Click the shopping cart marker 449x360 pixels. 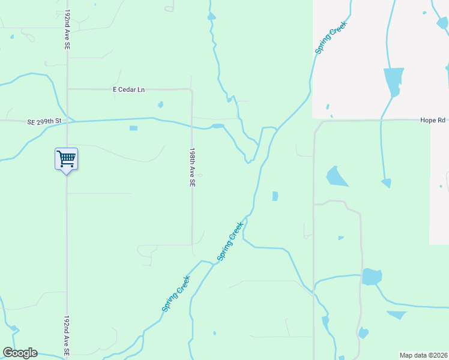(66, 159)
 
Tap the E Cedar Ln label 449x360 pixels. (129, 90)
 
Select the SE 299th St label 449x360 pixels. (44, 121)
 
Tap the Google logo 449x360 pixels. (20, 353)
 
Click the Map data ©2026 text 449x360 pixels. (424, 355)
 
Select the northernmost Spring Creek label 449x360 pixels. (331, 38)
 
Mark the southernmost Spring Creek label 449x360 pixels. (176, 293)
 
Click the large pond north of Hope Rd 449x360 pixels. (393, 81)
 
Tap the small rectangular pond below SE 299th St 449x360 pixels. (133, 128)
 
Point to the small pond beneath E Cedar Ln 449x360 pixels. (160, 105)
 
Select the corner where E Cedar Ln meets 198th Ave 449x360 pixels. (191, 90)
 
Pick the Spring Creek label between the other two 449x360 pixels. (231, 241)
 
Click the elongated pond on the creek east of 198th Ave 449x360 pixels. (217, 126)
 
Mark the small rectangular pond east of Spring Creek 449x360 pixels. (275, 196)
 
